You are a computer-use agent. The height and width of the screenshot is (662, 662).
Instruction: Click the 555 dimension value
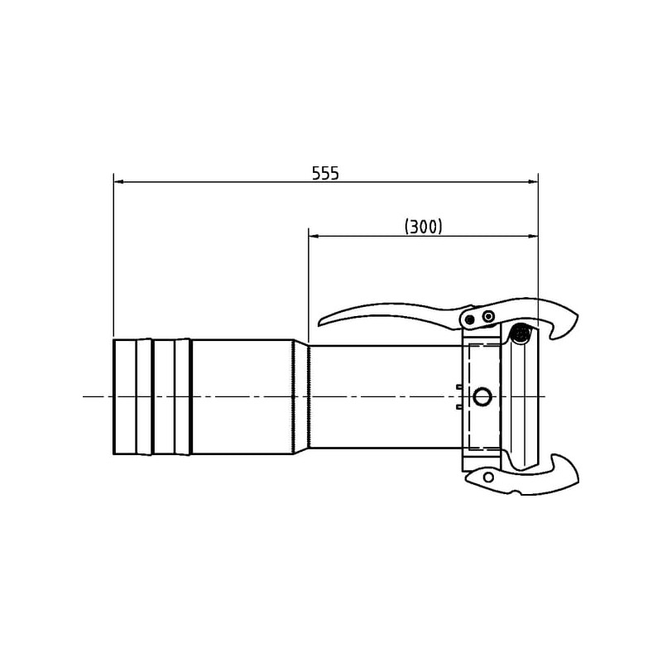(325, 173)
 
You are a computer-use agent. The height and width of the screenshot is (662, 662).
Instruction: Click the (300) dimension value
(424, 227)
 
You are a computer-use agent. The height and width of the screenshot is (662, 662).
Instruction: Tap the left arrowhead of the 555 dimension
(118, 182)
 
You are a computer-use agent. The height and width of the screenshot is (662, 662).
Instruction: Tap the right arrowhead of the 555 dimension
(533, 182)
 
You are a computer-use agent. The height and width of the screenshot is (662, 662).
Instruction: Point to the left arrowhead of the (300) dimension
(314, 237)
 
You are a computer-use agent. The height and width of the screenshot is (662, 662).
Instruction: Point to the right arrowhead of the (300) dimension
(533, 237)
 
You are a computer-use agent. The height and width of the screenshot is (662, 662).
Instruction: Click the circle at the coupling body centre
(482, 397)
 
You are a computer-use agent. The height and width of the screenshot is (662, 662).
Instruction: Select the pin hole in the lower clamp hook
(488, 477)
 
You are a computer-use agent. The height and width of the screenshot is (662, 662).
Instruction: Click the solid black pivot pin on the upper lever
(469, 319)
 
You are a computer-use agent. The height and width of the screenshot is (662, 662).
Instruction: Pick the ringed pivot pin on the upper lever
(488, 315)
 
